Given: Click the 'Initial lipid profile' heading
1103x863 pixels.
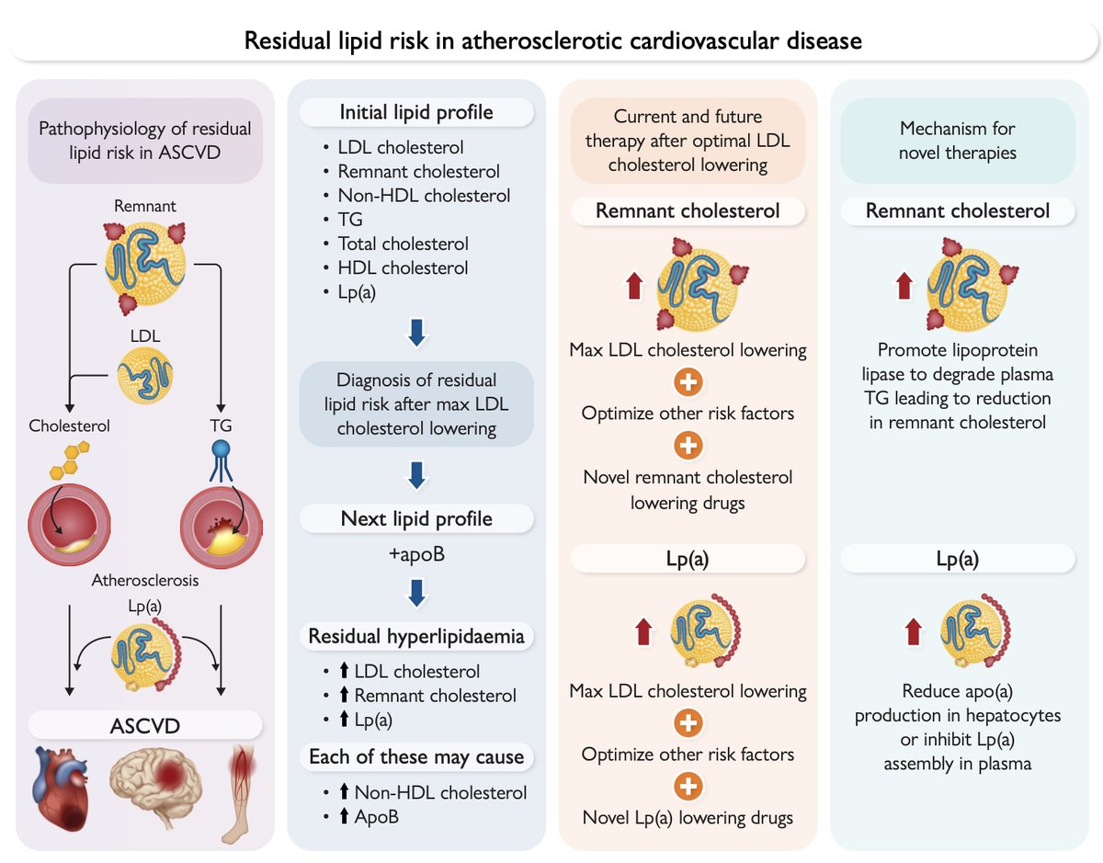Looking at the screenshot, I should pyautogui.click(x=416, y=113).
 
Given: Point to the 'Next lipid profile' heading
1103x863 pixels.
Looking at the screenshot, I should pyautogui.click(x=416, y=518).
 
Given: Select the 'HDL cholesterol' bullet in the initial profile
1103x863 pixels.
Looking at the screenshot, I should pyautogui.click(x=402, y=267).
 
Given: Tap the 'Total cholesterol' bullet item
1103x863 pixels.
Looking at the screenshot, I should pyautogui.click(x=403, y=244).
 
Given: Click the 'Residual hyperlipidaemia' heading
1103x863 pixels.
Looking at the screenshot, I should pyautogui.click(x=416, y=636).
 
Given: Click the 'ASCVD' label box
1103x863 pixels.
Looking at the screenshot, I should pyautogui.click(x=146, y=726).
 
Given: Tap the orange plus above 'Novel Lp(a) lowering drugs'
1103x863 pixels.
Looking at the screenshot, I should pyautogui.click(x=688, y=786).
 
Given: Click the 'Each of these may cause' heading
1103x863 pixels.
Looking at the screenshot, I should pyautogui.click(x=416, y=757).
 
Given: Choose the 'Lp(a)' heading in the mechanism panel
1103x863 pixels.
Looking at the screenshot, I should pyautogui.click(x=958, y=558).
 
